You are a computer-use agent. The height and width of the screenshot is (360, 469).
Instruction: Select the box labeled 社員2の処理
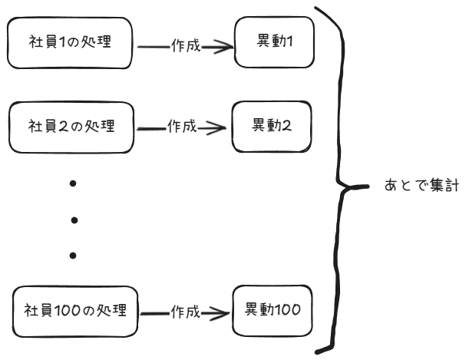(x=71, y=126)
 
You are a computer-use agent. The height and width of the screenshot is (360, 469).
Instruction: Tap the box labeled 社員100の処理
(x=76, y=312)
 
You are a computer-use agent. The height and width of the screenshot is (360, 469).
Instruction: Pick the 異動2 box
(x=271, y=126)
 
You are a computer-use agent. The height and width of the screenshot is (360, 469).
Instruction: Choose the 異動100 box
(x=273, y=311)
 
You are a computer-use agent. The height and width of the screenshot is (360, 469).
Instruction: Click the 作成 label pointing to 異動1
(x=186, y=46)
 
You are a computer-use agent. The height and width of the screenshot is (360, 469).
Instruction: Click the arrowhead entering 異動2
(x=223, y=127)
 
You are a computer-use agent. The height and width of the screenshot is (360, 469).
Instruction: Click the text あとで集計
(x=421, y=187)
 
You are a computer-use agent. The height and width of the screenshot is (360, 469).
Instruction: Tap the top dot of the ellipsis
(x=74, y=183)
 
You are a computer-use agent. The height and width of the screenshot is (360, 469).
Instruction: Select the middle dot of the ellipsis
(x=74, y=220)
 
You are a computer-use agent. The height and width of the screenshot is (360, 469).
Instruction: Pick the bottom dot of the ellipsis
(x=74, y=255)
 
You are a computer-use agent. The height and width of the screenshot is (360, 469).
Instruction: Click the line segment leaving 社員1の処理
(x=154, y=46)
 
